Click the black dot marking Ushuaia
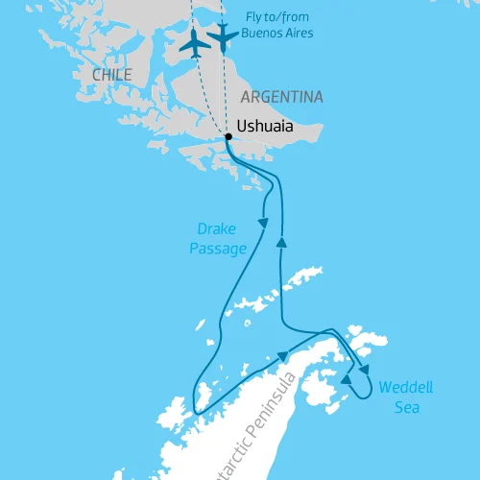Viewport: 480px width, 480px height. point(228,137)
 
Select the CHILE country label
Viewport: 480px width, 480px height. point(112,75)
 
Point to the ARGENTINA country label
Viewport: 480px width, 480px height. point(282,97)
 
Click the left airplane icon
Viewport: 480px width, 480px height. point(194,42)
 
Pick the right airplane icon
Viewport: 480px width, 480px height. point(223,36)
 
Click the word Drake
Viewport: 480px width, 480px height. point(216,229)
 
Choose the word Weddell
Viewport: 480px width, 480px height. point(405,388)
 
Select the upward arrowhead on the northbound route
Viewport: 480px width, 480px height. point(281,243)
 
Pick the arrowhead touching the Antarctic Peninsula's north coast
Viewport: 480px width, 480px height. point(283,356)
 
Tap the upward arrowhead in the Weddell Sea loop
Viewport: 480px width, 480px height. point(345,381)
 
